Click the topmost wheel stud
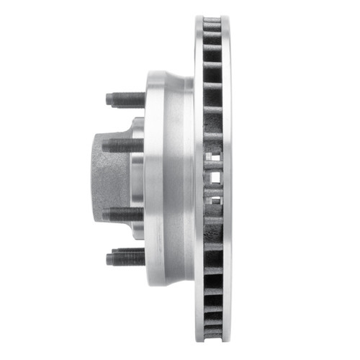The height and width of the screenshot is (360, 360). (x=127, y=99)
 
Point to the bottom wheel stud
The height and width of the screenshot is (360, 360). (x=127, y=257)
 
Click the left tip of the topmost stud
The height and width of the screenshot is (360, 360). (x=108, y=99)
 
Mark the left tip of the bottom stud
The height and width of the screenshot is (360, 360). (x=108, y=258)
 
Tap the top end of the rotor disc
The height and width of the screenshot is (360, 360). (x=213, y=17)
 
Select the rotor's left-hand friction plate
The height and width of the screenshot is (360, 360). (x=199, y=86)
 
